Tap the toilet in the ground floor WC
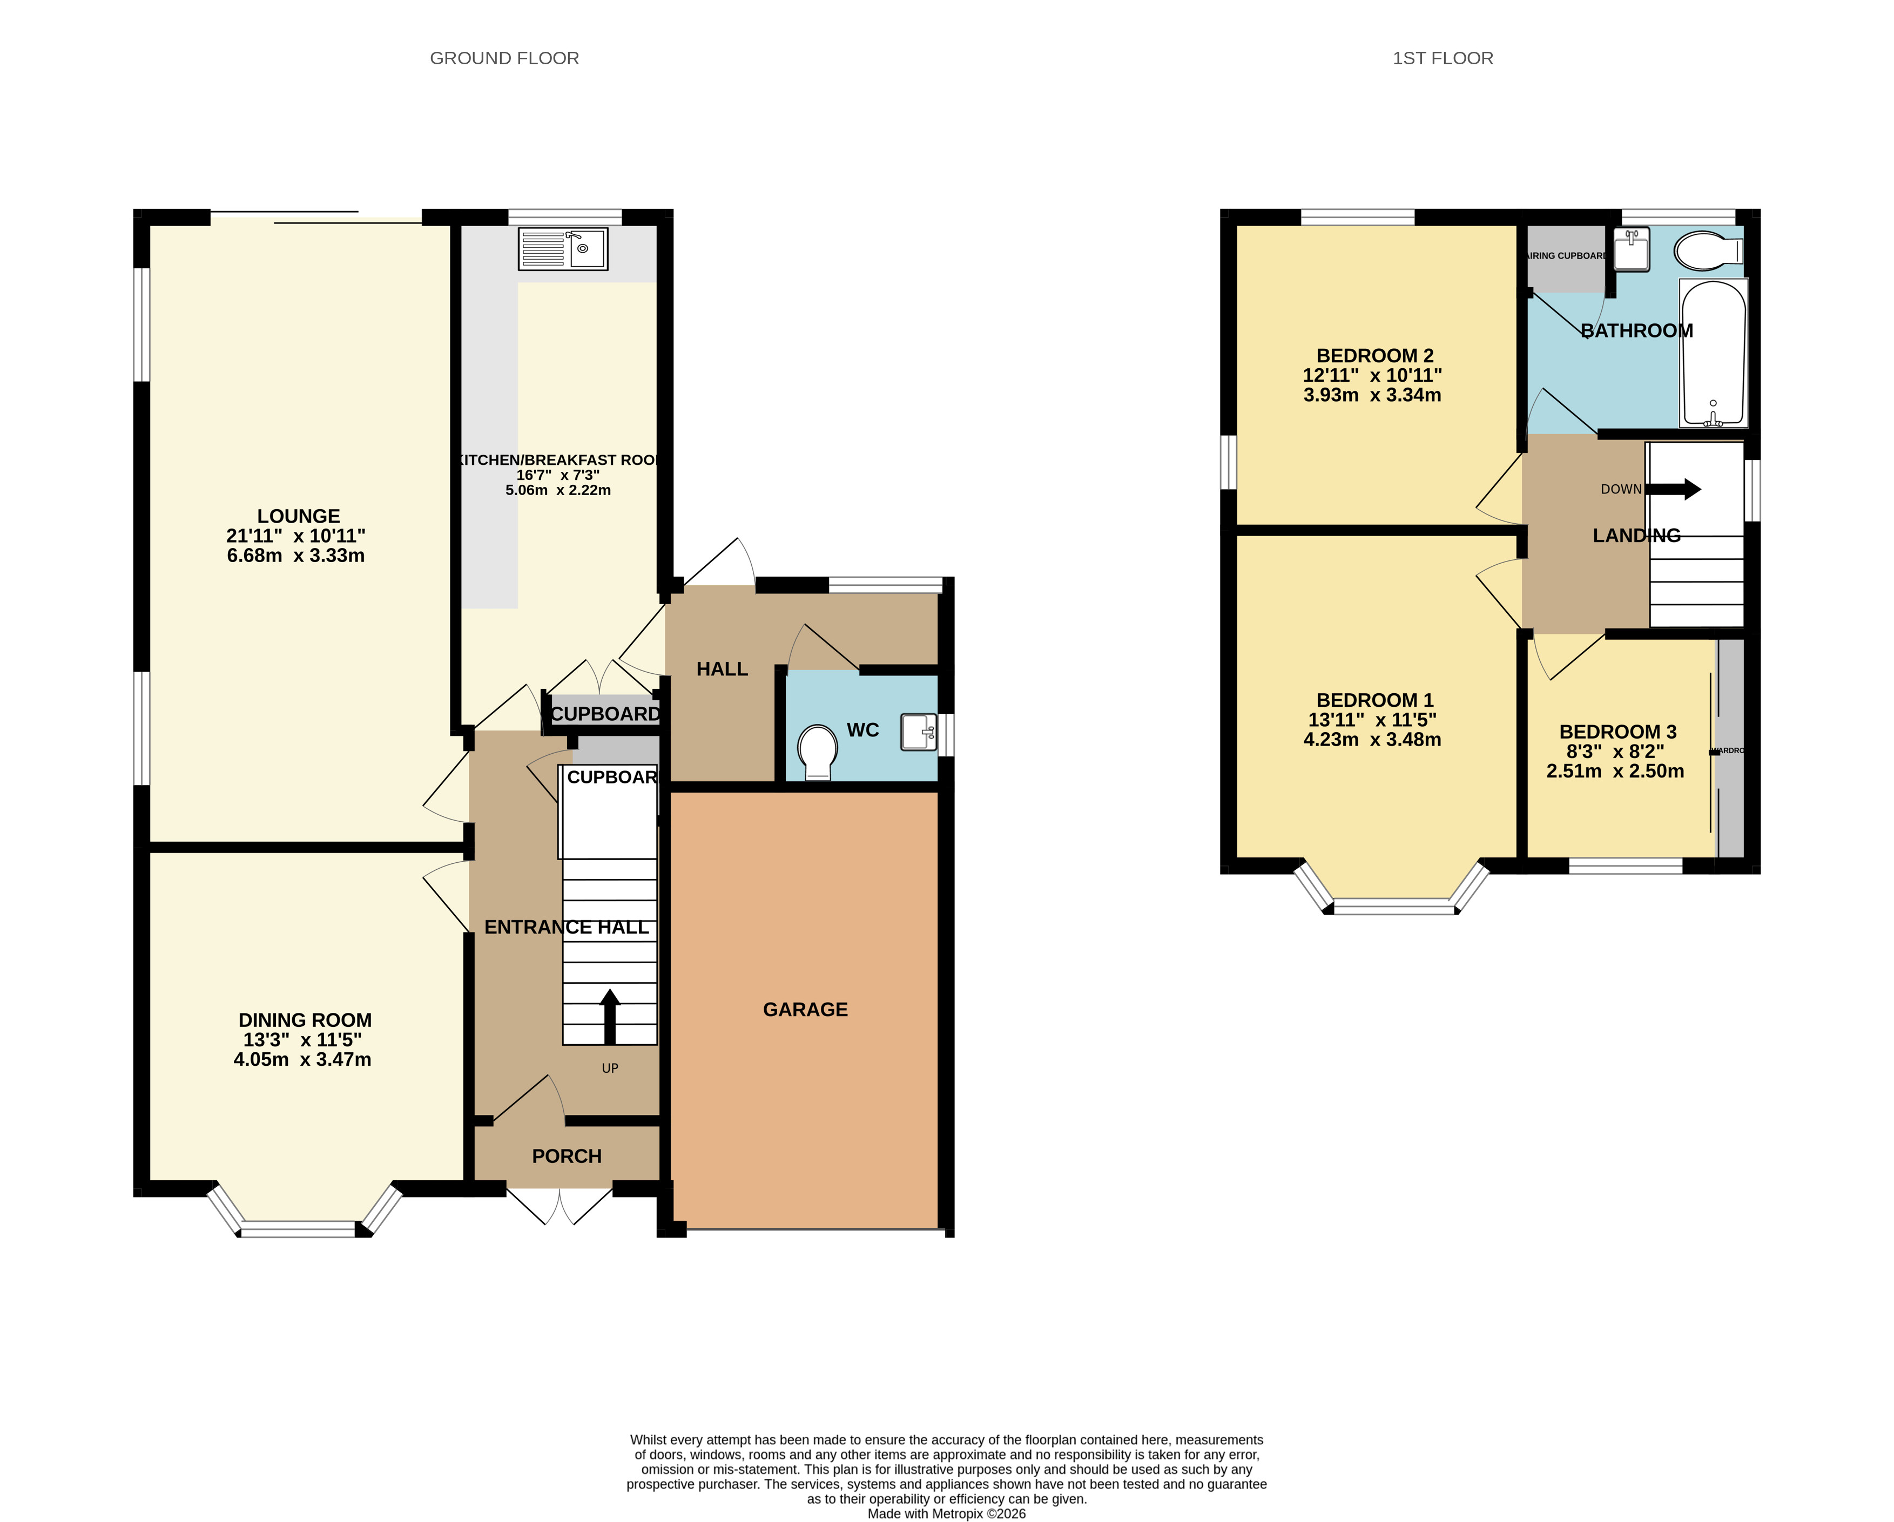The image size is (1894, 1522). point(817,752)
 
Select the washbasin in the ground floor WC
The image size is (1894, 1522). point(918,732)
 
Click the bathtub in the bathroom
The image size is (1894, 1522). point(1713,353)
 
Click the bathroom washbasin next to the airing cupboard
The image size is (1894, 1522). point(1632,249)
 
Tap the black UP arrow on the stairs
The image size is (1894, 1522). point(610,1016)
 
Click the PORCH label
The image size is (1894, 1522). point(567,1156)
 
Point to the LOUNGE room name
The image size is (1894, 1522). point(299,516)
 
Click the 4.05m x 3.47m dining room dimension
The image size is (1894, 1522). point(302,1059)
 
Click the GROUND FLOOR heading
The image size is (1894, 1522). point(504,58)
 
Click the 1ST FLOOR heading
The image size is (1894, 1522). point(1443,58)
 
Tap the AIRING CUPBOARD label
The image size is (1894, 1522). point(1567,255)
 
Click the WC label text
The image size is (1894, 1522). point(862,730)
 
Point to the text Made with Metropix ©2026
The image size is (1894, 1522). point(946,1513)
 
